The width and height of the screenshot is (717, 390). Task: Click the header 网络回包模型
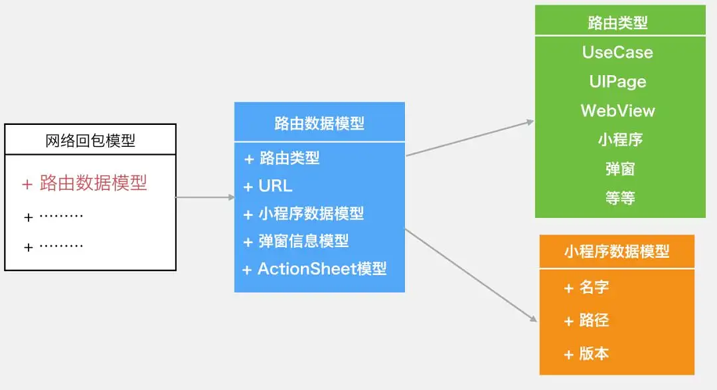click(x=90, y=140)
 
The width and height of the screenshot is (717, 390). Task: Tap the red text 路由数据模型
click(x=84, y=183)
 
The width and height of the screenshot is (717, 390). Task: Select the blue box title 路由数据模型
click(x=319, y=123)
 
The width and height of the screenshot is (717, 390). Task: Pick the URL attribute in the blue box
click(x=269, y=186)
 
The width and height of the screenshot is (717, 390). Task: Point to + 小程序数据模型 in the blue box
click(x=304, y=214)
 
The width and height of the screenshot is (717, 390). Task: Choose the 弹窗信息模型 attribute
click(x=297, y=241)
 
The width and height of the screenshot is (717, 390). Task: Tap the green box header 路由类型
click(x=618, y=23)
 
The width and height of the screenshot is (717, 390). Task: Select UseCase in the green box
click(x=617, y=52)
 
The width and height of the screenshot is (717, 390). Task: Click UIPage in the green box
click(x=617, y=82)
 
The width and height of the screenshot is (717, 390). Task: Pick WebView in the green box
click(x=617, y=111)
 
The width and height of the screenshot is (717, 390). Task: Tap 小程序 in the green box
click(x=620, y=140)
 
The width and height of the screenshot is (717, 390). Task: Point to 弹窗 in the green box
click(x=620, y=169)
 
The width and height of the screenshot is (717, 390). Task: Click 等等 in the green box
click(x=620, y=198)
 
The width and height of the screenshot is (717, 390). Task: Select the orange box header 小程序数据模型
click(x=617, y=251)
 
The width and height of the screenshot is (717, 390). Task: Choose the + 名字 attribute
click(x=587, y=288)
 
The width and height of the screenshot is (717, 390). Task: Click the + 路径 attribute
click(x=587, y=321)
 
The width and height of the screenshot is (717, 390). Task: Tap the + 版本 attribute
click(x=587, y=353)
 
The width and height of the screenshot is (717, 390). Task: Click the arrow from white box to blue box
click(x=205, y=197)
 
